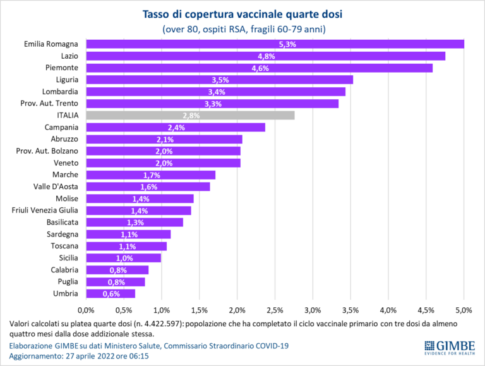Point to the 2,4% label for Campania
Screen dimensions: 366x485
175,127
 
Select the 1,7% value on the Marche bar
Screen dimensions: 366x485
150,174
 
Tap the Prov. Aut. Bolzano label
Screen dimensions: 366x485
47,151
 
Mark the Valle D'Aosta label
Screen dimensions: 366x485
55,186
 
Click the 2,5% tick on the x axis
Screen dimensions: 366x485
275,310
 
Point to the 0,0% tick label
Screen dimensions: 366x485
85,310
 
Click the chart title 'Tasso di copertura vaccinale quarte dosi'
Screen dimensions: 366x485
243,13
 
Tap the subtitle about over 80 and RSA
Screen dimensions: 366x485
243,29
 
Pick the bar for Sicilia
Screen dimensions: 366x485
123,257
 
